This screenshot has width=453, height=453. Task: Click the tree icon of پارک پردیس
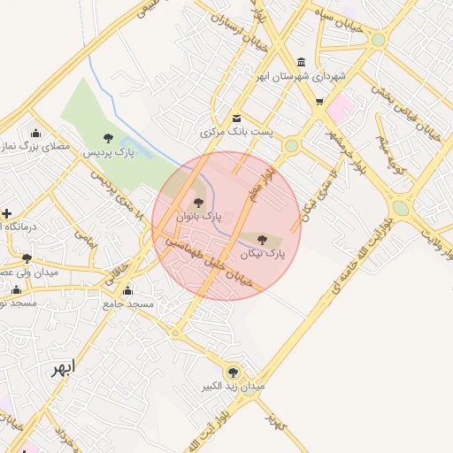108,138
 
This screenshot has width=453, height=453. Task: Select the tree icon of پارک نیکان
262,239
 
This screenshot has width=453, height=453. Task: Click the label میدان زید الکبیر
234,387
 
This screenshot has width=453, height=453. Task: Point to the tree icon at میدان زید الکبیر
233,372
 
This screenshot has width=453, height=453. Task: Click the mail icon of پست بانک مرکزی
235,119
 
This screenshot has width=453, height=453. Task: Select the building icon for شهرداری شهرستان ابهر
303,63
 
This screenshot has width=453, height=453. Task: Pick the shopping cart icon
319,103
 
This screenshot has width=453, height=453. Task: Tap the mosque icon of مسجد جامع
128,290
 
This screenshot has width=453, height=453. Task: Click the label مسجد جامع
128,303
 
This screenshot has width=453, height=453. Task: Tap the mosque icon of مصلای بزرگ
35,133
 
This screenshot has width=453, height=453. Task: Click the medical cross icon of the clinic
6,213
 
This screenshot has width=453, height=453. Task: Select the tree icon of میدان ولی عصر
27,259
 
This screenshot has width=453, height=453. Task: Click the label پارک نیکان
263,253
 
